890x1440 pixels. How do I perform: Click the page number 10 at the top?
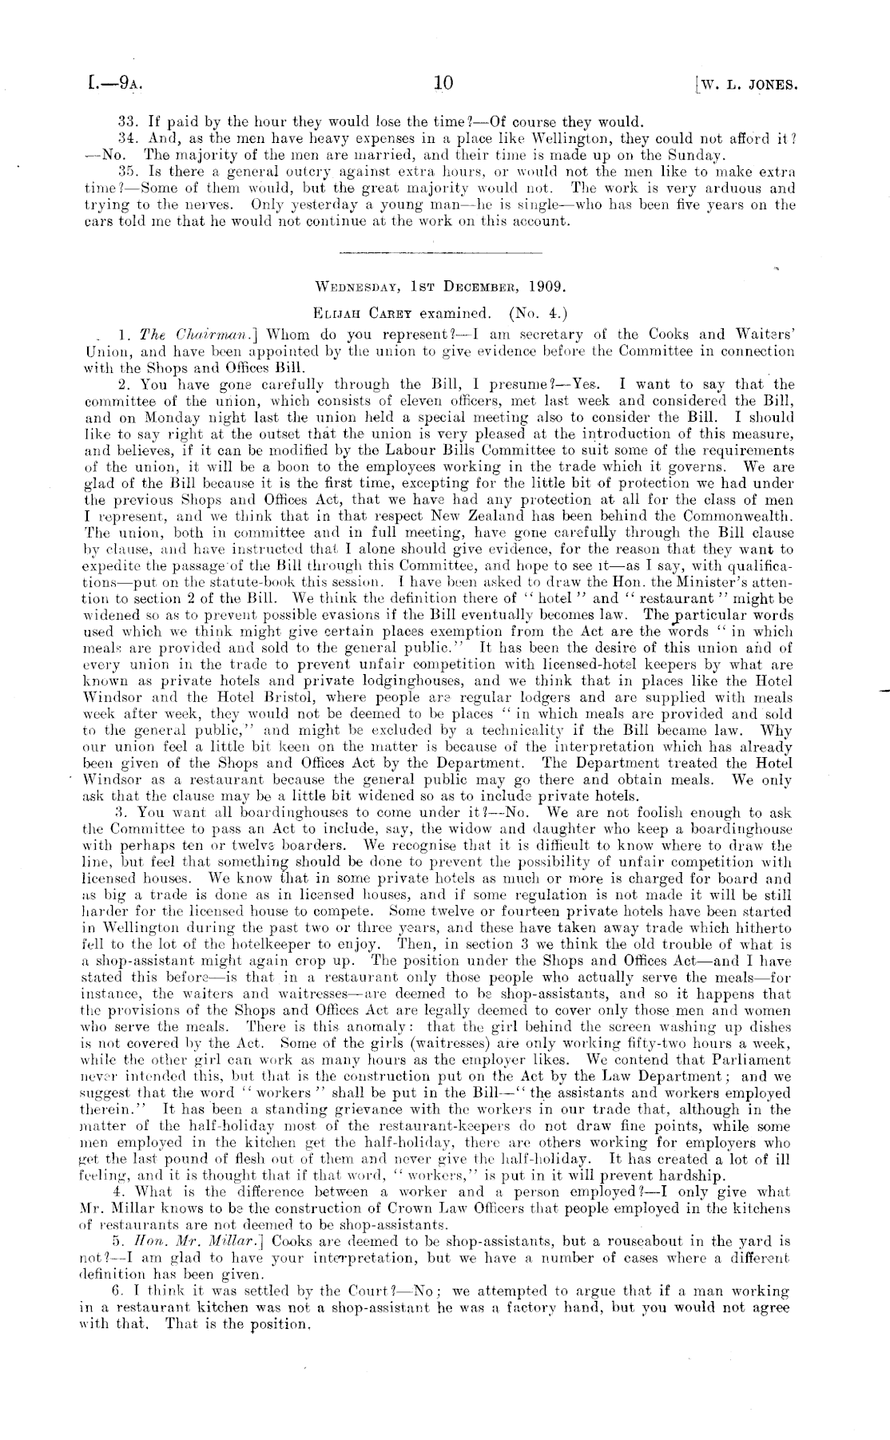(443, 83)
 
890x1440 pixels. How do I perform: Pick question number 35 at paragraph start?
(127, 170)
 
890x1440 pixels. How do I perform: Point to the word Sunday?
(697, 154)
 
